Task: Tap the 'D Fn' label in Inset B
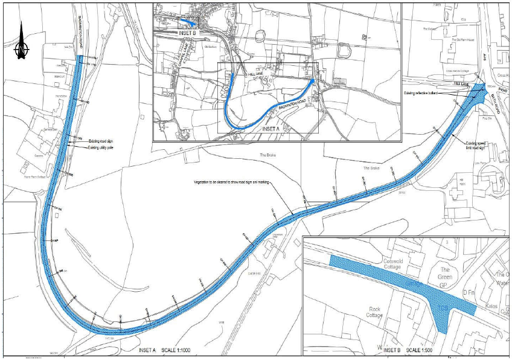(469, 292)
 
